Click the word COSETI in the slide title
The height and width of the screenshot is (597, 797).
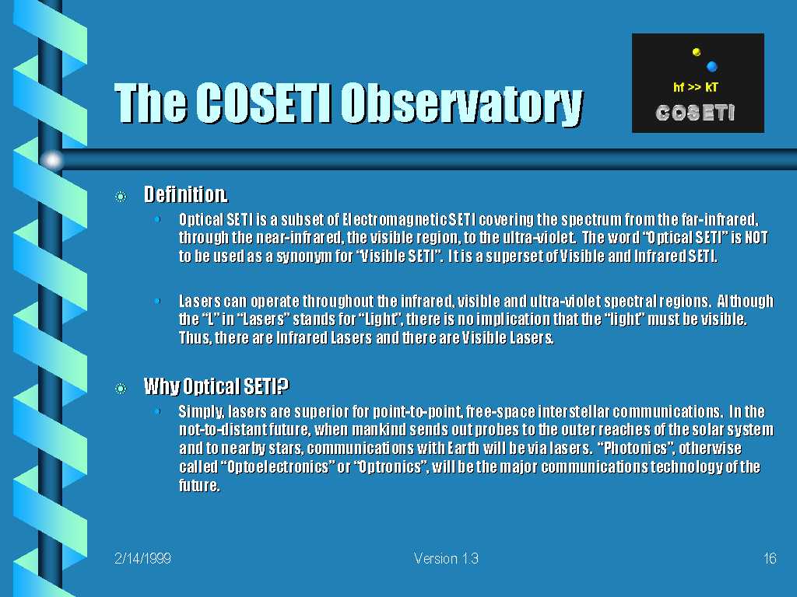click(x=264, y=103)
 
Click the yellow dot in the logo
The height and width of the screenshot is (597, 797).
click(x=697, y=52)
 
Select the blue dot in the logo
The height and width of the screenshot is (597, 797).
click(x=711, y=66)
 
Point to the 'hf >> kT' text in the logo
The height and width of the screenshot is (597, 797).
click(x=695, y=87)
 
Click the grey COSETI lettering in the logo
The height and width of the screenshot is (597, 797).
click(x=695, y=113)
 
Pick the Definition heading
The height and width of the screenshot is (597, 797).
click(x=185, y=194)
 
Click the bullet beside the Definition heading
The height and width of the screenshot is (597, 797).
click(x=121, y=197)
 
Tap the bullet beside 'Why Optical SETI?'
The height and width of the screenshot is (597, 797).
click(x=121, y=389)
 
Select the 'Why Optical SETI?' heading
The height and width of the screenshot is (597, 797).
click(x=216, y=387)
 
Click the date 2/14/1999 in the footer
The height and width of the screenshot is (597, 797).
click(x=143, y=558)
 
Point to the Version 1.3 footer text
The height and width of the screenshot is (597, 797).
click(x=446, y=558)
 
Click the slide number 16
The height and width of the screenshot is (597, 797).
click(x=770, y=558)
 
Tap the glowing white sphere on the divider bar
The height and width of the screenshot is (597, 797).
click(x=52, y=160)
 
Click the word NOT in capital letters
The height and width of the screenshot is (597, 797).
click(x=756, y=238)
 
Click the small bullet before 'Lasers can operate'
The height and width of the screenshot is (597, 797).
click(x=157, y=302)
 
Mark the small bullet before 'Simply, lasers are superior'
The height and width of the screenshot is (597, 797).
click(x=157, y=411)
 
